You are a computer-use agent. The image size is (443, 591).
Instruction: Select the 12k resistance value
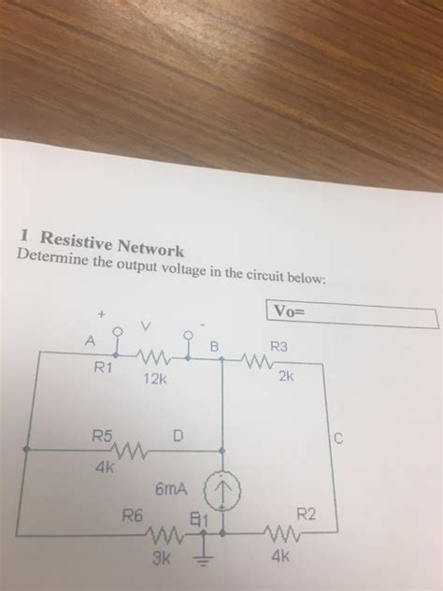coord(154,379)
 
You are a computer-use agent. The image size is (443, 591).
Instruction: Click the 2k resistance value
coord(285,378)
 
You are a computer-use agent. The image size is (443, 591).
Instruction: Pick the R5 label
coord(102,435)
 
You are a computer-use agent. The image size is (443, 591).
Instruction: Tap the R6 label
coord(134,513)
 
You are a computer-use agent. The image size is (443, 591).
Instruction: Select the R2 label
coord(307,513)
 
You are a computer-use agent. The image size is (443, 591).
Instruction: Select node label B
coord(213,348)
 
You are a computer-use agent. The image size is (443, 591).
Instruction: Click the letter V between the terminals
coord(146,327)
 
